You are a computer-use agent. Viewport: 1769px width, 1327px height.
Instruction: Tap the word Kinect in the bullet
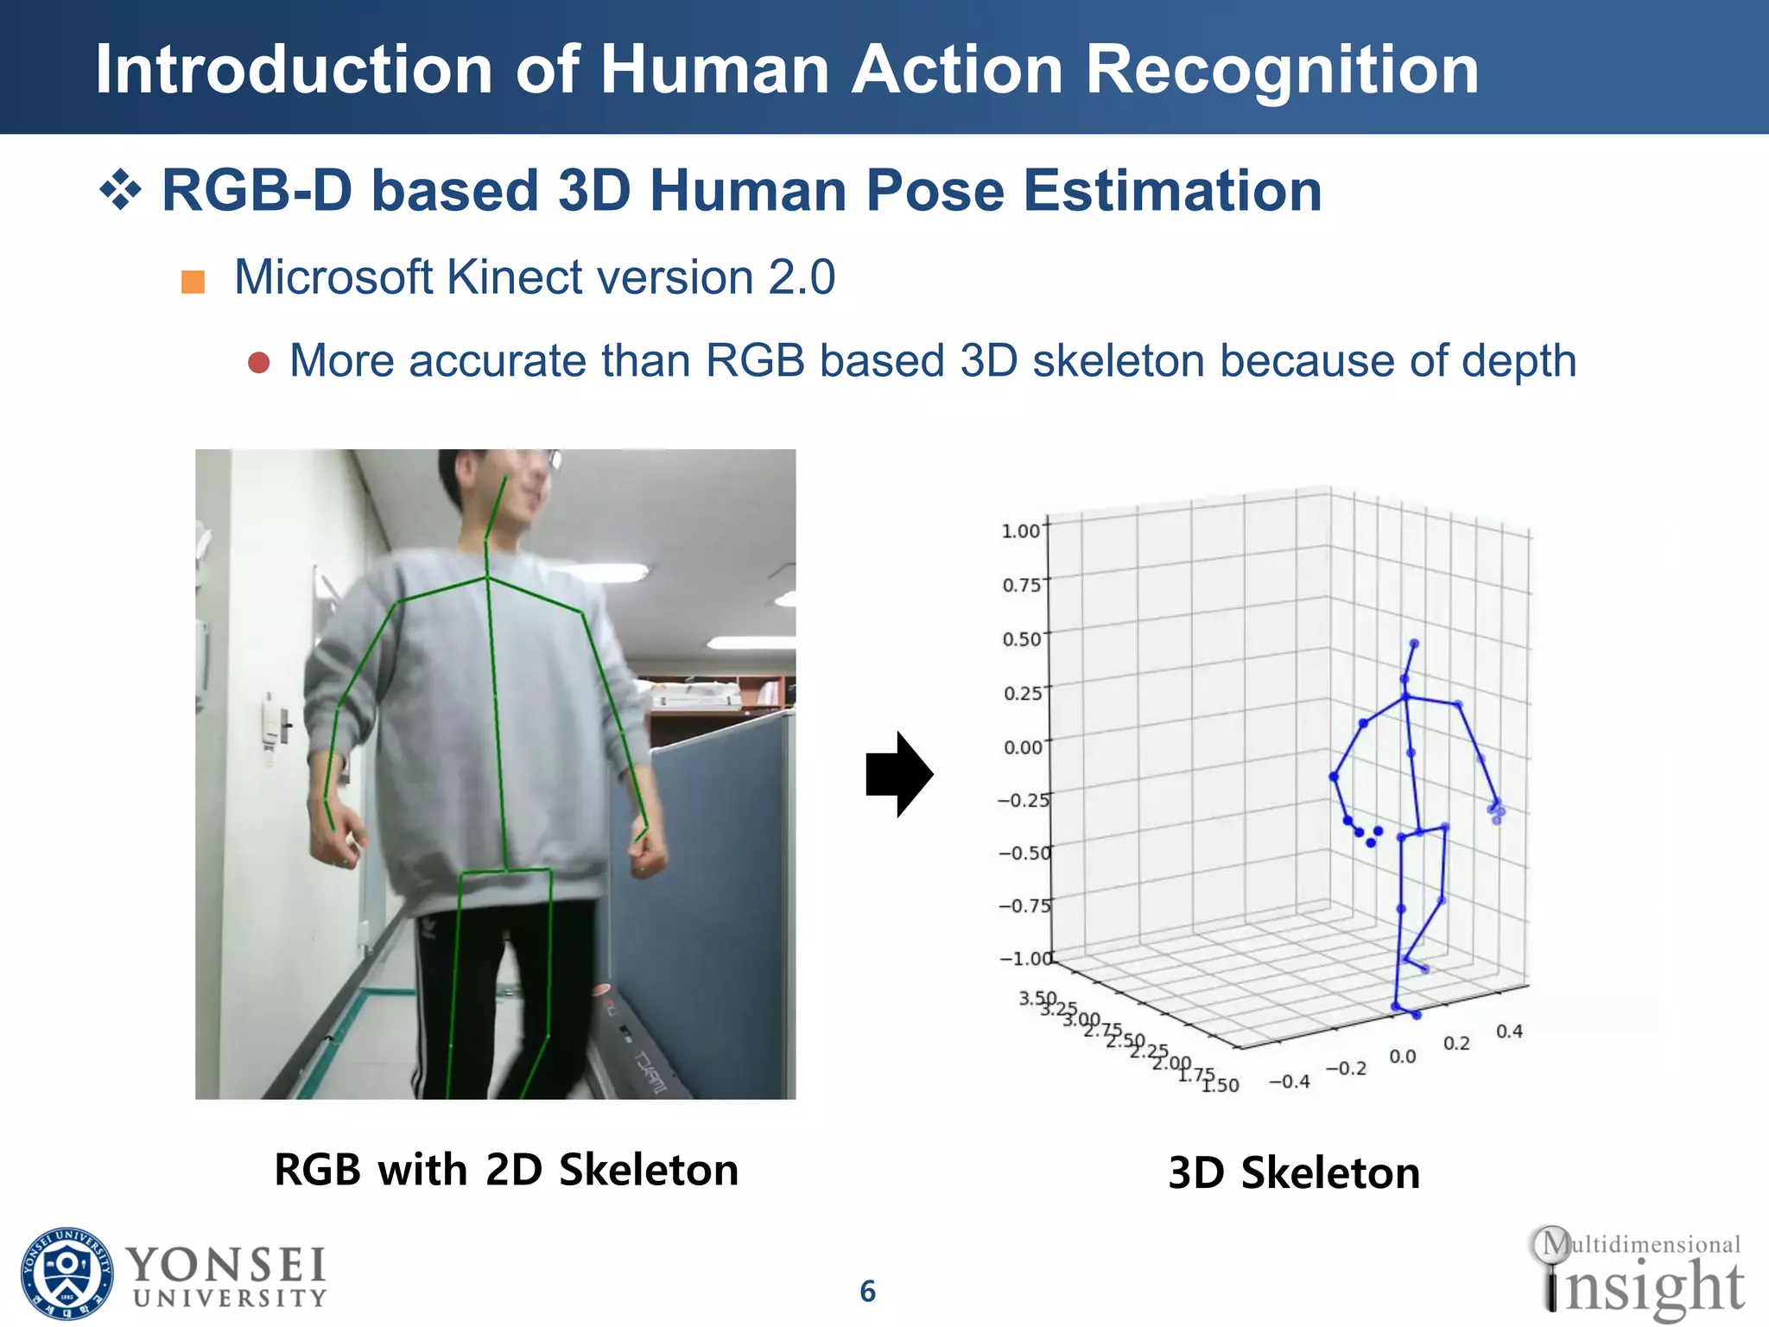[x=516, y=278]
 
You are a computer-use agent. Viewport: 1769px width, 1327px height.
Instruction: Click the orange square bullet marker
[x=193, y=282]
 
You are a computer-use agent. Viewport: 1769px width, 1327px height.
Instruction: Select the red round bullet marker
[x=258, y=362]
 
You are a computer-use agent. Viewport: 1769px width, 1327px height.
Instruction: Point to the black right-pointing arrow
[x=898, y=774]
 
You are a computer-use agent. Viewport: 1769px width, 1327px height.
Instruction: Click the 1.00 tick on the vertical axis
[x=1020, y=530]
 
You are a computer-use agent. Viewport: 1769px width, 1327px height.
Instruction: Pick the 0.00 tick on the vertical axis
[x=1022, y=747]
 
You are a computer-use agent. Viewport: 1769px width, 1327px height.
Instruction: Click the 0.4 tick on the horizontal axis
[x=1509, y=1032]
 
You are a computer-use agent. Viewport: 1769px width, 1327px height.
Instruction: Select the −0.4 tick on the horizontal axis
[x=1289, y=1082]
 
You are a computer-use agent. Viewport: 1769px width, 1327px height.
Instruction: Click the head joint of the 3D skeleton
[x=1414, y=644]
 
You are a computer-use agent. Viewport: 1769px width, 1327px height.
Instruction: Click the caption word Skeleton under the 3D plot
[x=1330, y=1173]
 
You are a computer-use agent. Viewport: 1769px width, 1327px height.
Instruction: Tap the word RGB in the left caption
[x=317, y=1170]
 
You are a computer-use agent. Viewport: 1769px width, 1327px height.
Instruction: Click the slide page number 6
[x=867, y=1292]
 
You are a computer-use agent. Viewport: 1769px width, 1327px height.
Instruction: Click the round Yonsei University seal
[x=67, y=1273]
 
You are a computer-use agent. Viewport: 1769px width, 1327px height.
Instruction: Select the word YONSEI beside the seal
[x=226, y=1265]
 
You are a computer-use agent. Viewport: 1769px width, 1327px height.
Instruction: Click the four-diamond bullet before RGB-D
[x=120, y=191]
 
